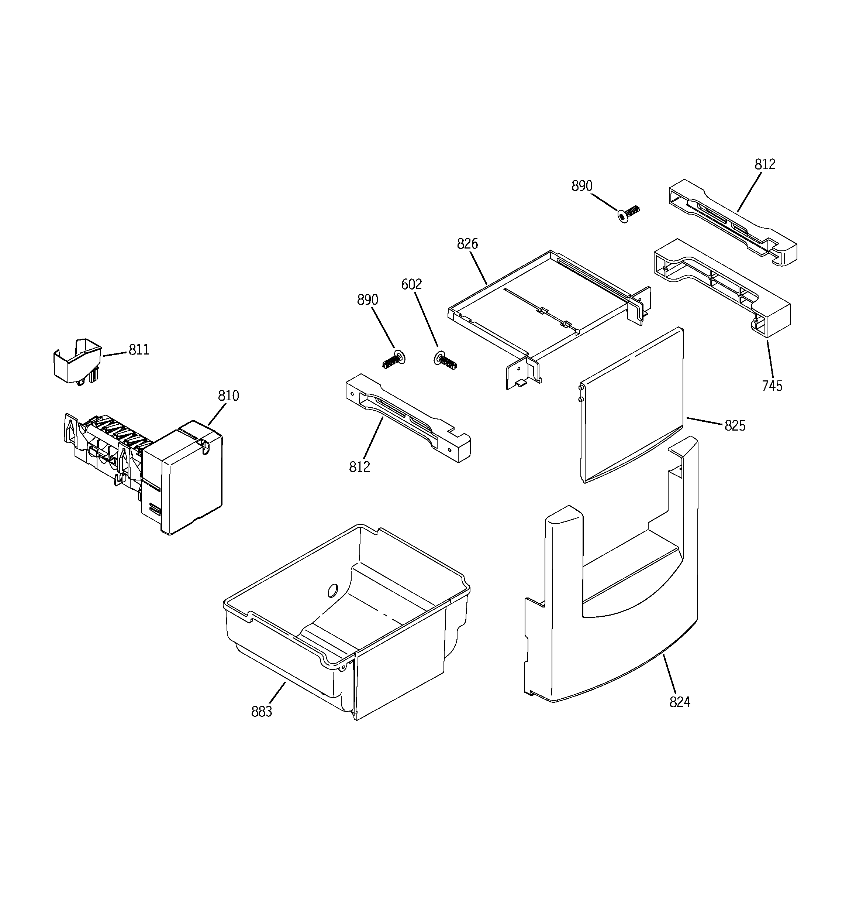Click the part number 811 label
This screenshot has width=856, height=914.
click(139, 350)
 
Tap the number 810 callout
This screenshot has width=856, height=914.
click(228, 396)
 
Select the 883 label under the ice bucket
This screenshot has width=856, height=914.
click(262, 712)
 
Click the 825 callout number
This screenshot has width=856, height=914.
click(735, 426)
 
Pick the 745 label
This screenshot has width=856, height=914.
click(772, 386)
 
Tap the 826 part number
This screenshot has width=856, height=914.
click(467, 244)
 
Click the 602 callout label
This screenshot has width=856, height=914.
click(411, 285)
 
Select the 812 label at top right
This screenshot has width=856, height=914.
click(764, 165)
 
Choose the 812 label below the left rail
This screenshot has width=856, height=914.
click(359, 467)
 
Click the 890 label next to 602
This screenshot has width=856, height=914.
click(367, 300)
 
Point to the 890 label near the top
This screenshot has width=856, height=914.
click(582, 186)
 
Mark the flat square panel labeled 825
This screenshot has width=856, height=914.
click(632, 405)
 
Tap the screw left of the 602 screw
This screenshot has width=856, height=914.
click(393, 360)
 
